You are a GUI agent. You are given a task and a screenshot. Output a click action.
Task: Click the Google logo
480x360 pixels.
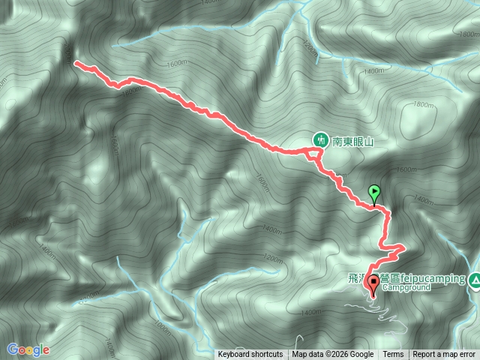[28, 349]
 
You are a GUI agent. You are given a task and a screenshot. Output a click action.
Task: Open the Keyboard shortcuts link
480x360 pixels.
[250, 355]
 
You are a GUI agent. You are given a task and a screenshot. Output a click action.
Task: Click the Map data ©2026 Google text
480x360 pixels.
[333, 355]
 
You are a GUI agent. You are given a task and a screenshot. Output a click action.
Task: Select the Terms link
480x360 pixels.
[393, 355]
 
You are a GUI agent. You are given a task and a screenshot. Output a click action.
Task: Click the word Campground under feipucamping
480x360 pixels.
[404, 286]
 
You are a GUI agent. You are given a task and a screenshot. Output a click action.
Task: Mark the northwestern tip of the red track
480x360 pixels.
[76, 64]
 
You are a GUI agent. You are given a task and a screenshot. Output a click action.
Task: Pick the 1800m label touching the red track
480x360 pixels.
[129, 91]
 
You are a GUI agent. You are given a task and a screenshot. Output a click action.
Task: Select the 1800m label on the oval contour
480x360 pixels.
[422, 106]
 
